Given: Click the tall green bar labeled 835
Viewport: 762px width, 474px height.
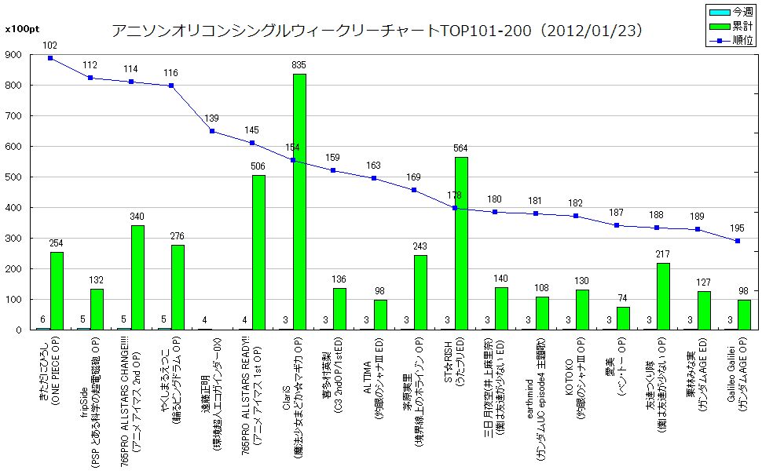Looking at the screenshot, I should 299,202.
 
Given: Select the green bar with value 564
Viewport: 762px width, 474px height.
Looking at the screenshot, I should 461,243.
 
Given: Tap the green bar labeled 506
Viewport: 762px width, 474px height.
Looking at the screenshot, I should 258,252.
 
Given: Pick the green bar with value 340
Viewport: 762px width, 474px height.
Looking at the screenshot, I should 137,277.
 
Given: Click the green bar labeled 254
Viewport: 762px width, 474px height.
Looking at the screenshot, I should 57,290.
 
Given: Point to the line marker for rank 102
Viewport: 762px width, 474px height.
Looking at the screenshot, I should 50,58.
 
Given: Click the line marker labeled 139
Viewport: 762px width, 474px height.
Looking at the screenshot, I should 212,131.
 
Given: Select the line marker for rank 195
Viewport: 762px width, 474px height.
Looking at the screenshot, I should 738,241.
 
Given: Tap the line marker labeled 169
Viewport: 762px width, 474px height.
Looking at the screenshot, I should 414,190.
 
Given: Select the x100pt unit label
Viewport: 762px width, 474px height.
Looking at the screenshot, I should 19,29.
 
